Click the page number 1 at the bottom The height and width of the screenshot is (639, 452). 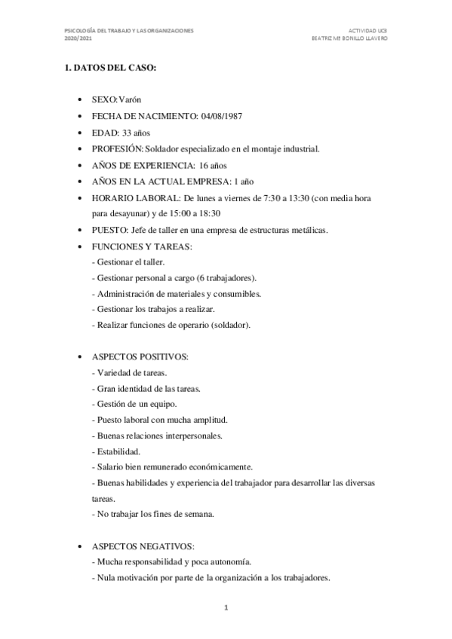pos(226,607)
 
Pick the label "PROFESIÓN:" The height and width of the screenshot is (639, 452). pos(117,148)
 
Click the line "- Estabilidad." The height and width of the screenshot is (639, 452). pos(115,451)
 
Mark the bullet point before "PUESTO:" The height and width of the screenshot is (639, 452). pos(81,230)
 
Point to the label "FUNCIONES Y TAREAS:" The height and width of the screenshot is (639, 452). pos(140,246)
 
